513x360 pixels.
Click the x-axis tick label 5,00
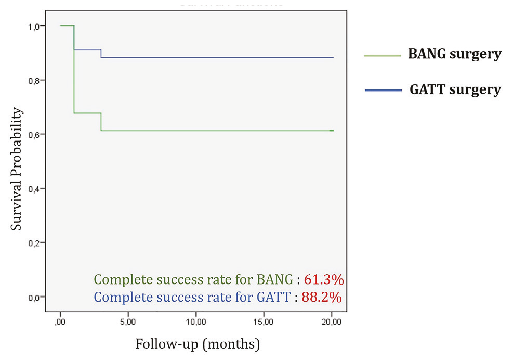coord(128,322)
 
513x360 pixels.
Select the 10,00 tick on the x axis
coord(196,322)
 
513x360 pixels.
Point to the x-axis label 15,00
coord(264,322)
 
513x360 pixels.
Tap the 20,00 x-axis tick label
coord(332,322)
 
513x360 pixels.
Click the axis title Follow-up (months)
coord(198,344)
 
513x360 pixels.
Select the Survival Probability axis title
coord(16,169)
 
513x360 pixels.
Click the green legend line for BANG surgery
coord(383,56)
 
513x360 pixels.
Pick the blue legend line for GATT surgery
coord(383,90)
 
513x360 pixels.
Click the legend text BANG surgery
coord(454,54)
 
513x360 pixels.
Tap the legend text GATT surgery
coord(455,90)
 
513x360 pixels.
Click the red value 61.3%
coord(324,280)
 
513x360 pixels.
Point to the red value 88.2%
coord(322,298)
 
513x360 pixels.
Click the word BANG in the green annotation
coord(275,280)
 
